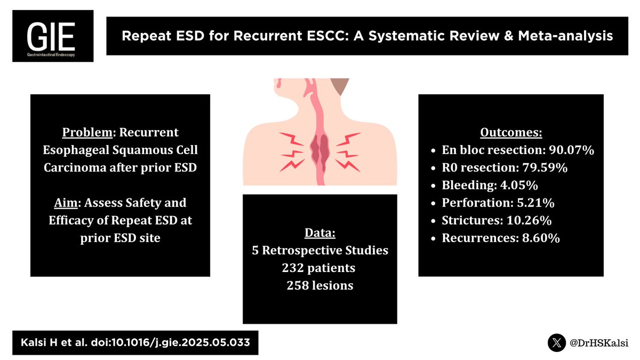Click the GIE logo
(53, 35)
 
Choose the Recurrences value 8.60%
(538, 238)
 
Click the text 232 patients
(319, 268)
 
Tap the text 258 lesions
(319, 285)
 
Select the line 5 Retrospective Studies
(319, 250)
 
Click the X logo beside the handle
(558, 342)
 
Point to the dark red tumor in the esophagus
(319, 151)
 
